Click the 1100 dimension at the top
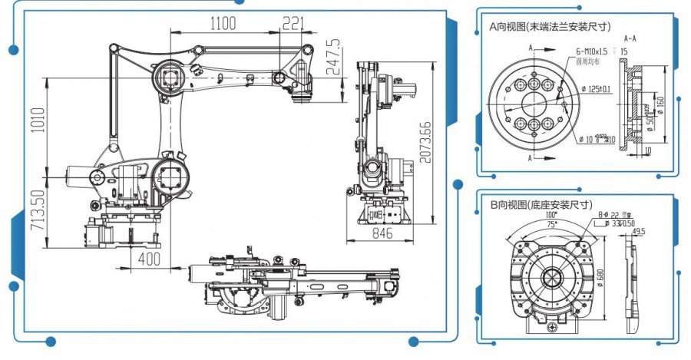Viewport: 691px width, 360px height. [222, 24]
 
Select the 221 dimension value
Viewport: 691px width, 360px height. [293, 24]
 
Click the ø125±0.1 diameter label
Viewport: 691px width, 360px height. [594, 89]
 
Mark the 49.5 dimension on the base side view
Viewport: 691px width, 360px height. [639, 230]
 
